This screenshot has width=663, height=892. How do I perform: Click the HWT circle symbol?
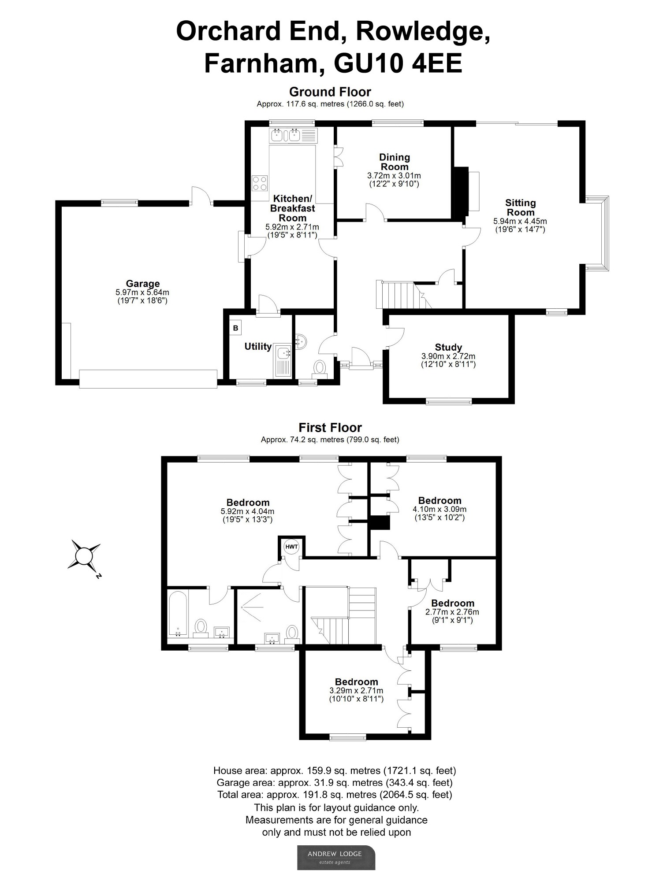[x=292, y=547]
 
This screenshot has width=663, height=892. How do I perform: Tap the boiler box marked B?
[x=236, y=328]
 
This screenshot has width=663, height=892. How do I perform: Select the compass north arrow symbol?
[x=84, y=557]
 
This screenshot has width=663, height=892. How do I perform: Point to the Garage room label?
[x=142, y=284]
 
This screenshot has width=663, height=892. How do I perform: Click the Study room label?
[x=448, y=347]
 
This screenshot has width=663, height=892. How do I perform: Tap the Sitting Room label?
[x=521, y=207]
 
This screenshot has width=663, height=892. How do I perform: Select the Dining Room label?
[x=395, y=162]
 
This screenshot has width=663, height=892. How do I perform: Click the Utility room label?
[x=258, y=347]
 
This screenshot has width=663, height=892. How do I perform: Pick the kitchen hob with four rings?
[x=260, y=182]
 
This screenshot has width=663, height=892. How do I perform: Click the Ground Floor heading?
[x=330, y=92]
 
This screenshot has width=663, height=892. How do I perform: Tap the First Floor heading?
[x=330, y=428]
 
